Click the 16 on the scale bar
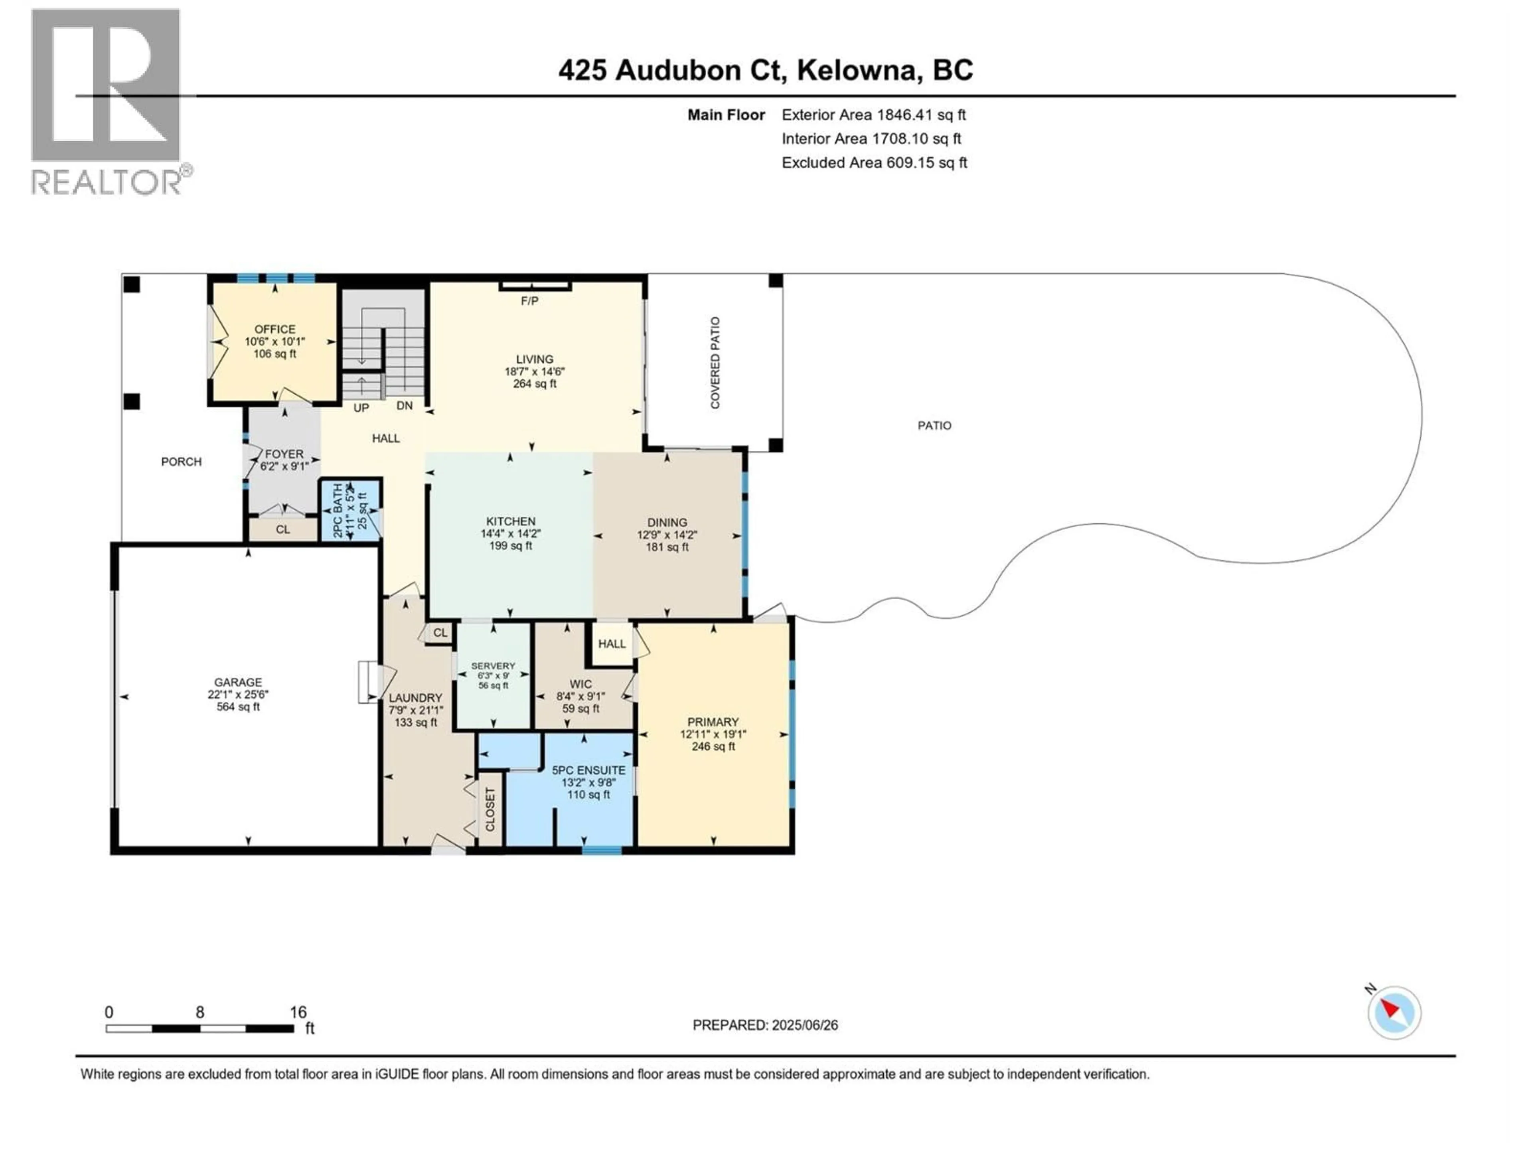[298, 1012]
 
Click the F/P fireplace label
[530, 300]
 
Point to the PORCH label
[182, 461]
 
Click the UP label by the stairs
[361, 408]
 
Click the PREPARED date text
[765, 1025]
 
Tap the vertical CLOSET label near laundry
[490, 809]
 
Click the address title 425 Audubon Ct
[765, 70]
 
